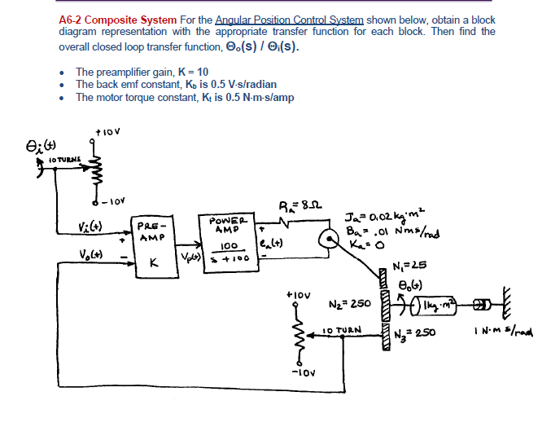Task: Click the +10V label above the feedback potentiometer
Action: (297, 292)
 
